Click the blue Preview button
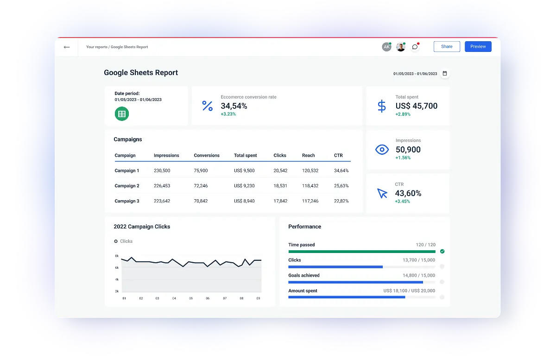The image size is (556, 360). pos(478,46)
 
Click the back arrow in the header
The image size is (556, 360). pos(67,47)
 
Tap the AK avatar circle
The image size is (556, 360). pos(386,47)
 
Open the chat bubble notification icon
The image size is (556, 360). pos(415,47)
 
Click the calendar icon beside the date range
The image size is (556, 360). pos(445,73)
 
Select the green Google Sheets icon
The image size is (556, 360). pos(122,114)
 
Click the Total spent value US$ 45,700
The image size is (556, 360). pos(416,106)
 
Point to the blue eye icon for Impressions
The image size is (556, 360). pos(382,149)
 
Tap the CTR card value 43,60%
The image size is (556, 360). pos(408,193)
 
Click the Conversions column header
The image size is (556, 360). pos(207,155)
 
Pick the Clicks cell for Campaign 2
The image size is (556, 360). pos(280,186)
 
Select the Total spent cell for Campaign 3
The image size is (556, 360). pos(244,201)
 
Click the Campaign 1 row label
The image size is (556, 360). pos(127,171)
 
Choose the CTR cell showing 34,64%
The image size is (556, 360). pos(341,171)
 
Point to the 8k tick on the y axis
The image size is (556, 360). pos(117,256)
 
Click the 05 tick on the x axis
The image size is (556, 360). pos(191,298)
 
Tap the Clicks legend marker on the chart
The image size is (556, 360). pos(116,241)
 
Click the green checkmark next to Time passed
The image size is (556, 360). pos(442,251)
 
